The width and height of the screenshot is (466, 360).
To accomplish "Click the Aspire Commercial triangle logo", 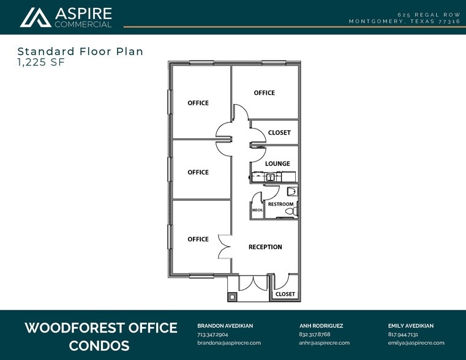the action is (36, 18).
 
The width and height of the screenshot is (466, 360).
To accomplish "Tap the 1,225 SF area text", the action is (41, 62).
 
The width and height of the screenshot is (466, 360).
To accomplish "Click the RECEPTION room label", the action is (265, 247).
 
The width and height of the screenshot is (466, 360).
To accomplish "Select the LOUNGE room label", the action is (277, 163).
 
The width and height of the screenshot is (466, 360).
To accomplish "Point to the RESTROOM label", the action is (280, 204).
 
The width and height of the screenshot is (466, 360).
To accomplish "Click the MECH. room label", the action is (257, 210).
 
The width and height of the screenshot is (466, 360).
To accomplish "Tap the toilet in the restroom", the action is (291, 211).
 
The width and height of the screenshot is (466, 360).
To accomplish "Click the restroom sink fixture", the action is (292, 191).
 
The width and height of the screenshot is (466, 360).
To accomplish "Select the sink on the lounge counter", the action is (271, 178).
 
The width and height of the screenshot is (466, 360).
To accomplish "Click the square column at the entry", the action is (232, 297).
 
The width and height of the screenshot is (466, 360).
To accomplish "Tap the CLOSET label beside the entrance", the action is (285, 294).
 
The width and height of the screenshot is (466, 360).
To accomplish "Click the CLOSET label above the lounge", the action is (279, 132).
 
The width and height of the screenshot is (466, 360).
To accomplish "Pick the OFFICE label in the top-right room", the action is (264, 93).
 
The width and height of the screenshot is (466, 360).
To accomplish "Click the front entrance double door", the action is (254, 283).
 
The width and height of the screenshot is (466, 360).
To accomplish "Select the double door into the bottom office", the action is (224, 247).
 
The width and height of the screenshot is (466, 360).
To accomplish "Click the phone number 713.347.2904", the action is (212, 334).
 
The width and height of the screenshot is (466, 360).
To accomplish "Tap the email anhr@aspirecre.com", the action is (324, 343).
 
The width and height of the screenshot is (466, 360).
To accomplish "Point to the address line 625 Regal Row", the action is (429, 15).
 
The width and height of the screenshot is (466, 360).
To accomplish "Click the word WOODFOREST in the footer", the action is (72, 328).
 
